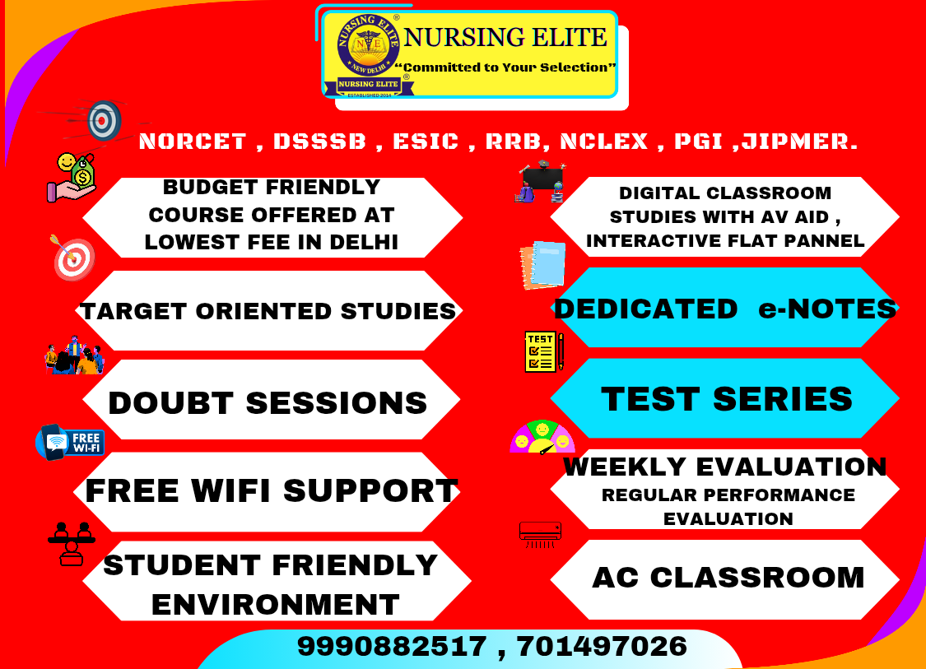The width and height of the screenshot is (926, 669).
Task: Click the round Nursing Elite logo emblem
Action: pyautogui.click(x=368, y=45)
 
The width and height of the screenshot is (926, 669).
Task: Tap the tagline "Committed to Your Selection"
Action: pyautogui.click(x=505, y=67)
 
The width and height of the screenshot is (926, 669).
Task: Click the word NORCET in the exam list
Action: pyautogui.click(x=193, y=142)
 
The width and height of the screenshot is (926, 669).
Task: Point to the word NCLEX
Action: pyautogui.click(x=603, y=142)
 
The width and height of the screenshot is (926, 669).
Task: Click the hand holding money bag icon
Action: pyautogui.click(x=72, y=177)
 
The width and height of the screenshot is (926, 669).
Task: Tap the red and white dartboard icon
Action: pyautogui.click(x=73, y=258)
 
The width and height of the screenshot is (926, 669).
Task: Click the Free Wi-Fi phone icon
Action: pyautogui.click(x=70, y=442)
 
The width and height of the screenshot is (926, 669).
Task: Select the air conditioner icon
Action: pyautogui.click(x=540, y=534)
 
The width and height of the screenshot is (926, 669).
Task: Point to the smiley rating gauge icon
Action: pyautogui.click(x=542, y=437)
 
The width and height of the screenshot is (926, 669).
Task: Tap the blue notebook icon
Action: pyautogui.click(x=542, y=265)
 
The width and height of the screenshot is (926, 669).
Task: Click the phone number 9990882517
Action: pyautogui.click(x=392, y=646)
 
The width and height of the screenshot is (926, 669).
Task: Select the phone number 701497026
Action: pyautogui.click(x=602, y=646)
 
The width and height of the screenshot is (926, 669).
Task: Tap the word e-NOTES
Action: pyautogui.click(x=827, y=309)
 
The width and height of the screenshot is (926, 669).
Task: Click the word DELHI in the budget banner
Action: pyautogui.click(x=364, y=242)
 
